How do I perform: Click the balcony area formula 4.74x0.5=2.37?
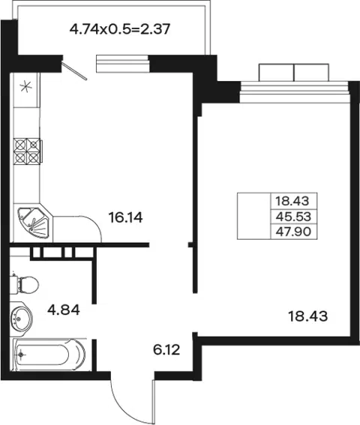pos(120,29)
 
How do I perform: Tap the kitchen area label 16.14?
pos(125,217)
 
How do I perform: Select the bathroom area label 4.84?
pos(64,310)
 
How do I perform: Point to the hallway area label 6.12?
pos(166,350)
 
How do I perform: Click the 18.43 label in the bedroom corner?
pos(307,316)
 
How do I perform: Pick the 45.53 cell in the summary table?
pos(294,217)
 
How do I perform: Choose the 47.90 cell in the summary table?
pos(294,232)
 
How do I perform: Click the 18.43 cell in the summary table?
pos(294,201)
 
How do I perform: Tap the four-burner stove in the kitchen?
pos(28,151)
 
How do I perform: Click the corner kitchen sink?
pos(33,223)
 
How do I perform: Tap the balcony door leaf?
pos(74,71)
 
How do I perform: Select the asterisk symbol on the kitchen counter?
pos(26,87)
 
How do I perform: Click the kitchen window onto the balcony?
pos(122,64)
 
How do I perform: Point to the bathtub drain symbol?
pos(21,354)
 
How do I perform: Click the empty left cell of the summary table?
pos(254,216)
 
